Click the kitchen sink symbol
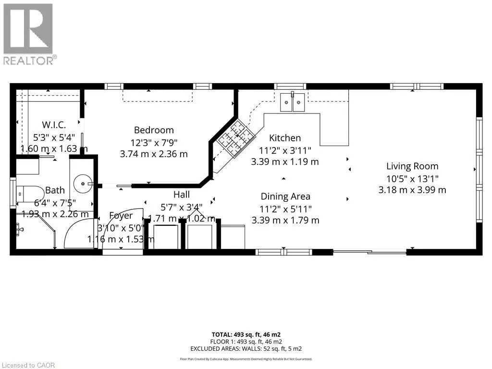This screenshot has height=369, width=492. (293, 101)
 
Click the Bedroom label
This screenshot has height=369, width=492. (154, 130)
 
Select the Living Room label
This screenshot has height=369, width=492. (412, 166)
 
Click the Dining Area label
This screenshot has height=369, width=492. (285, 197)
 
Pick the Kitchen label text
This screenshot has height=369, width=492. (285, 138)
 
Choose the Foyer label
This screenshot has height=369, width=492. (121, 216)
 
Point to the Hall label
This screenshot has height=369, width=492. (182, 195)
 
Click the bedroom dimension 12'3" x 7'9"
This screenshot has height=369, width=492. (154, 142)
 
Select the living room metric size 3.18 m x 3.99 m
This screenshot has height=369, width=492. (412, 190)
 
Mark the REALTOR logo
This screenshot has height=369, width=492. (29, 34)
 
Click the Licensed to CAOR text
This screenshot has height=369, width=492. (28, 365)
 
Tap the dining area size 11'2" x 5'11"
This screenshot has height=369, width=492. (285, 209)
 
